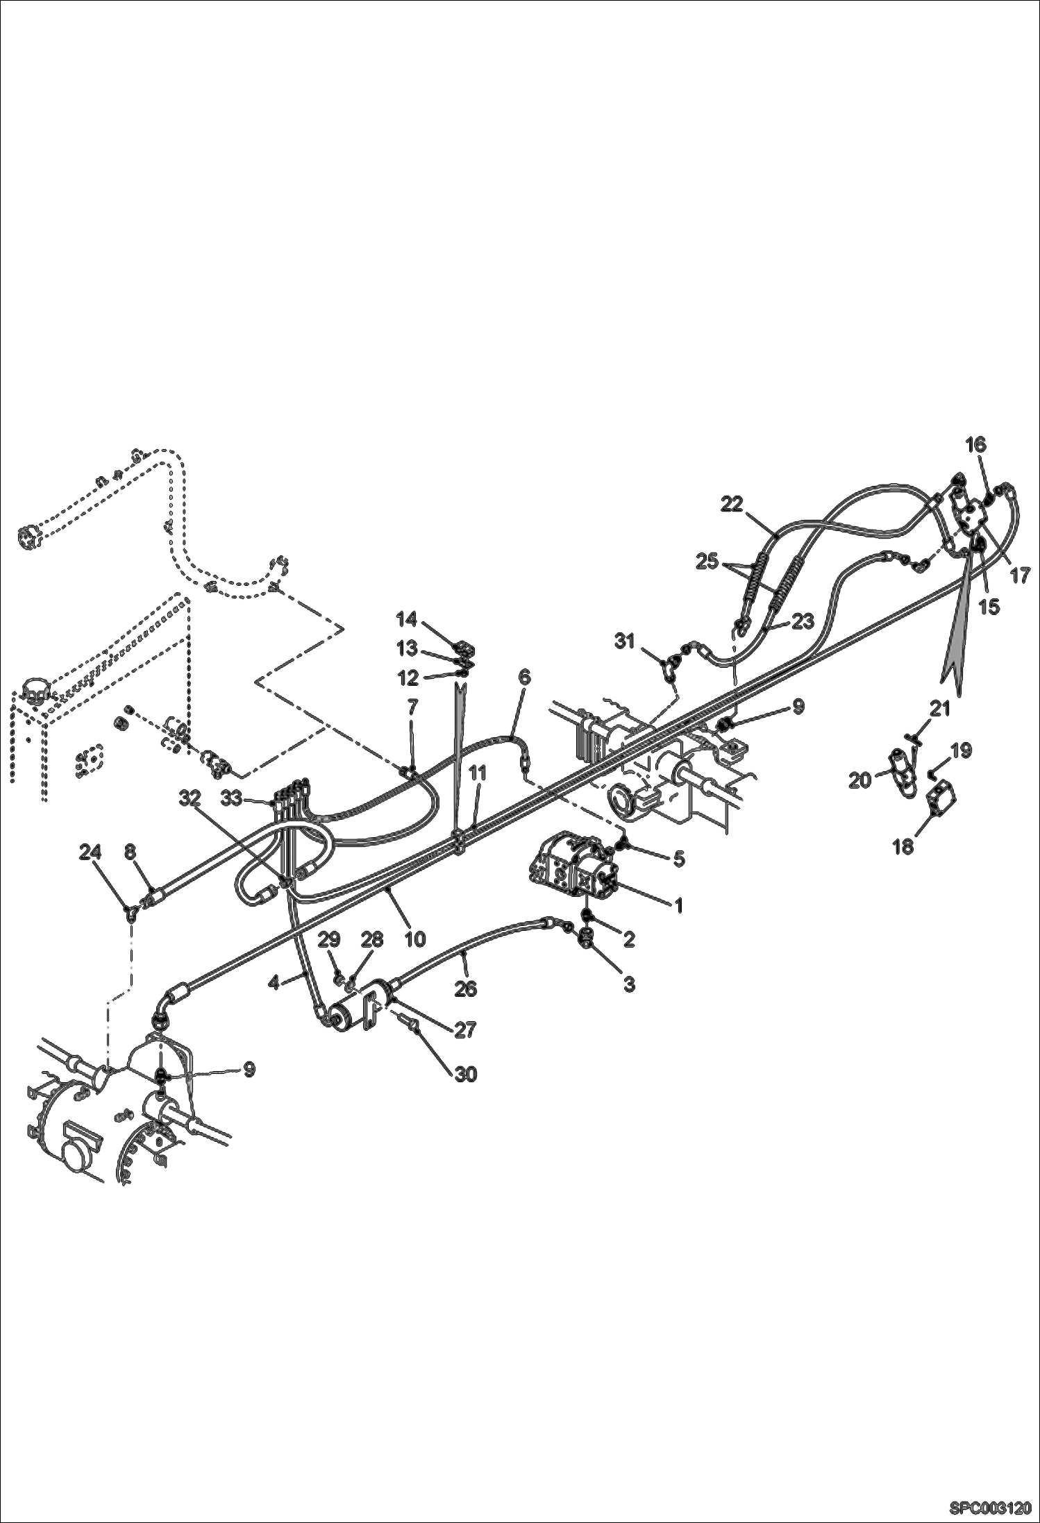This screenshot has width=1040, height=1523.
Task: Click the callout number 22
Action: [x=732, y=505]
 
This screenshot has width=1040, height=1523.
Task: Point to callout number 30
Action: [x=467, y=1074]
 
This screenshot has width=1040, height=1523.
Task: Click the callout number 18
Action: [x=903, y=847]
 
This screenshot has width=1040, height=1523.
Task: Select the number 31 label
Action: [x=625, y=641]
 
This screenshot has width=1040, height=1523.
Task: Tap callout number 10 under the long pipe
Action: [x=414, y=939]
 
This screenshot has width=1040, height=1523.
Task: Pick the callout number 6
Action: [x=524, y=677]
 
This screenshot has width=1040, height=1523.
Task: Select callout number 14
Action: [x=407, y=618]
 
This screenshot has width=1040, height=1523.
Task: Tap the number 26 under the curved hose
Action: [x=466, y=988]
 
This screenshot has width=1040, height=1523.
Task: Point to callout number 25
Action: [x=707, y=562]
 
